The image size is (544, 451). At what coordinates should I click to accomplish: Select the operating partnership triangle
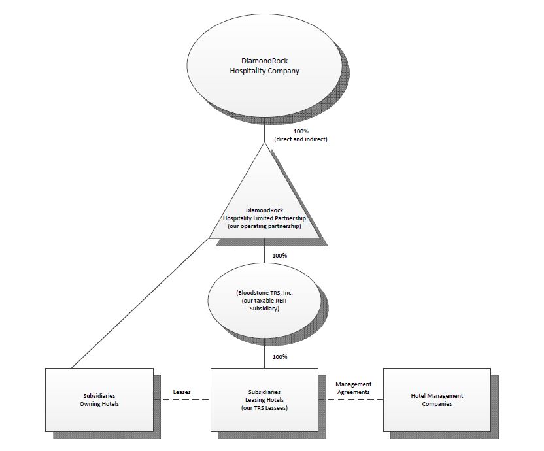(264, 196)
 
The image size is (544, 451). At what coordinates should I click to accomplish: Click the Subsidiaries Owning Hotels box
(99, 400)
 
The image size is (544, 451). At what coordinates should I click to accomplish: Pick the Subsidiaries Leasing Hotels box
(264, 400)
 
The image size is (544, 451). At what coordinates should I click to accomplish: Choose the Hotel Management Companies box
(436, 400)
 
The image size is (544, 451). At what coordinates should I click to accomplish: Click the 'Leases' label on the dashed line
(182, 392)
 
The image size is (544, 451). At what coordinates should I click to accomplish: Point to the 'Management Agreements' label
(353, 388)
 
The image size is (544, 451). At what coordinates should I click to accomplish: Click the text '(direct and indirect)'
(301, 139)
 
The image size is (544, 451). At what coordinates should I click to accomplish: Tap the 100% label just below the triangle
(280, 255)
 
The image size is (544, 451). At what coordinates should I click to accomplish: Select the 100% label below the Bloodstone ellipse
(280, 357)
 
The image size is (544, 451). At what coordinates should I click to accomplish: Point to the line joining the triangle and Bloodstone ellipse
(264, 252)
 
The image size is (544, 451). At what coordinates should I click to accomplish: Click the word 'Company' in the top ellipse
(282, 71)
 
